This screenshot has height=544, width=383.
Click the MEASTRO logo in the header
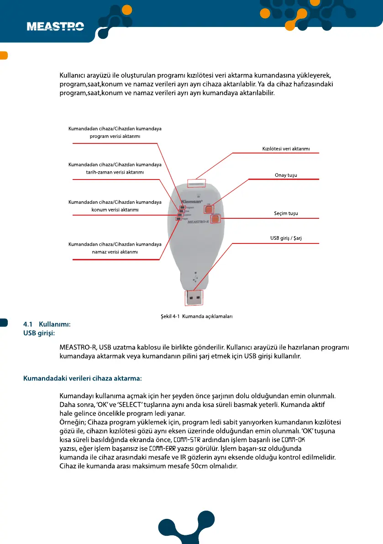[55, 27]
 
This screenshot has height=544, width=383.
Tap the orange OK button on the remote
[209, 209]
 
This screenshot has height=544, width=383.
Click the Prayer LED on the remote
[178, 219]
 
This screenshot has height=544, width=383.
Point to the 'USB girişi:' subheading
[39, 333]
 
